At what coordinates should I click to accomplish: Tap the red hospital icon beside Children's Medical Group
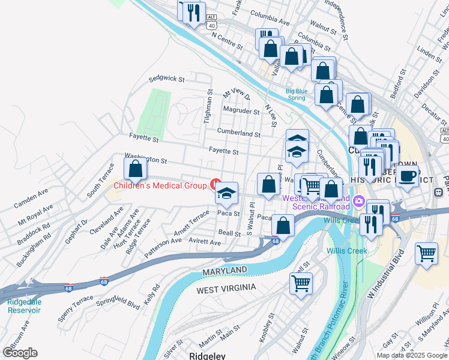pyautogui.click(x=215, y=182)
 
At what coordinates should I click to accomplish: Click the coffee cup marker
pyautogui.click(x=408, y=176)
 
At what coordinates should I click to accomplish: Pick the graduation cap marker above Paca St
pyautogui.click(x=226, y=193)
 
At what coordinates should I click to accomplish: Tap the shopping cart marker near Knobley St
pyautogui.click(x=301, y=283)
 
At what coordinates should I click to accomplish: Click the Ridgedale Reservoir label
pyautogui.click(x=24, y=306)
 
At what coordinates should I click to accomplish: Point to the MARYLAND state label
pyautogui.click(x=224, y=271)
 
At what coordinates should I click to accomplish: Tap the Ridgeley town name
pyautogui.click(x=207, y=356)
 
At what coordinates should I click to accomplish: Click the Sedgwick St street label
pyautogui.click(x=166, y=79)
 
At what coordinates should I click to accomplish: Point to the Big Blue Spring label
pyautogui.click(x=297, y=95)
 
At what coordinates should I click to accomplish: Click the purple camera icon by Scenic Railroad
pyautogui.click(x=359, y=200)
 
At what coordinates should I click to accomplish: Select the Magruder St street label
pyautogui.click(x=241, y=111)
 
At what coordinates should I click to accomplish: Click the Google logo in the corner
pyautogui.click(x=20, y=352)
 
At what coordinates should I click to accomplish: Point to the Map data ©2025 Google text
pyautogui.click(x=412, y=355)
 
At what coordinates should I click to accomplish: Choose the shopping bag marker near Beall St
pyautogui.click(x=283, y=226)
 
